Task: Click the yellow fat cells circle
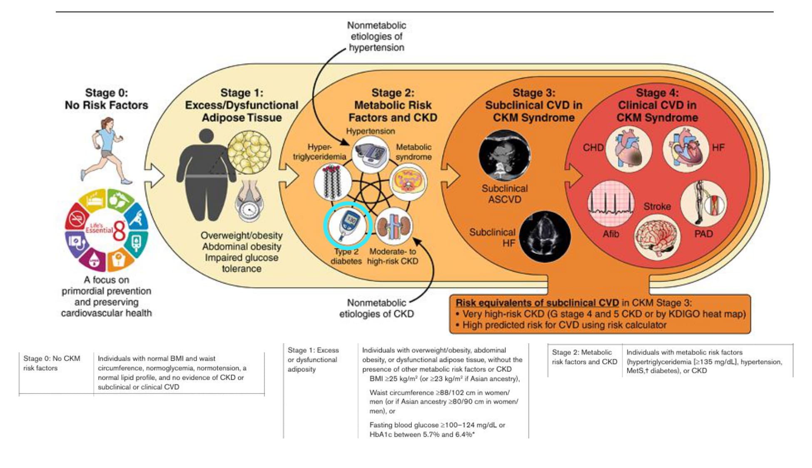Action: coord(249,152)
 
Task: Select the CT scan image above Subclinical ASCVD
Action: coord(505,156)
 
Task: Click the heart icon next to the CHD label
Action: coord(628,150)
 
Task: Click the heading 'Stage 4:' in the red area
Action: coord(657,93)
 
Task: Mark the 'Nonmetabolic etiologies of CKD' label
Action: coord(376,308)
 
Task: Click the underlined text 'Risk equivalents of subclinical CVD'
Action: coord(537,303)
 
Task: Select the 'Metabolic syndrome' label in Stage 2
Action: coord(413,152)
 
